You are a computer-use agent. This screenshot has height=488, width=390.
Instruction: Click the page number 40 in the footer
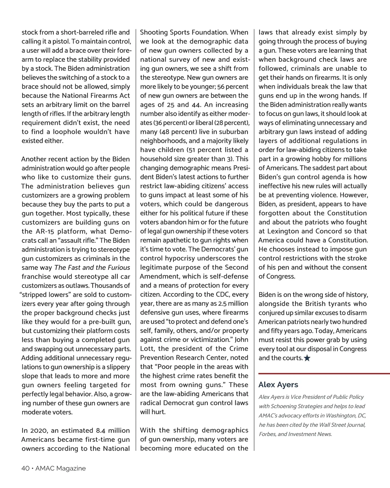(x=25, y=468)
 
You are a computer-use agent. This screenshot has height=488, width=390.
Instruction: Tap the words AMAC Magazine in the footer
(x=60, y=468)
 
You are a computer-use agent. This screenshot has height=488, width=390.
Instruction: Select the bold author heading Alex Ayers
(x=278, y=385)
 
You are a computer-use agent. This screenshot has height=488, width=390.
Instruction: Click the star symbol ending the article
(x=307, y=358)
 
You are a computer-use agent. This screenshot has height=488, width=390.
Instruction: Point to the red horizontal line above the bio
(x=324, y=374)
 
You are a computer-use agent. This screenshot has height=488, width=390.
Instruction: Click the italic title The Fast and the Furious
(x=92, y=268)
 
